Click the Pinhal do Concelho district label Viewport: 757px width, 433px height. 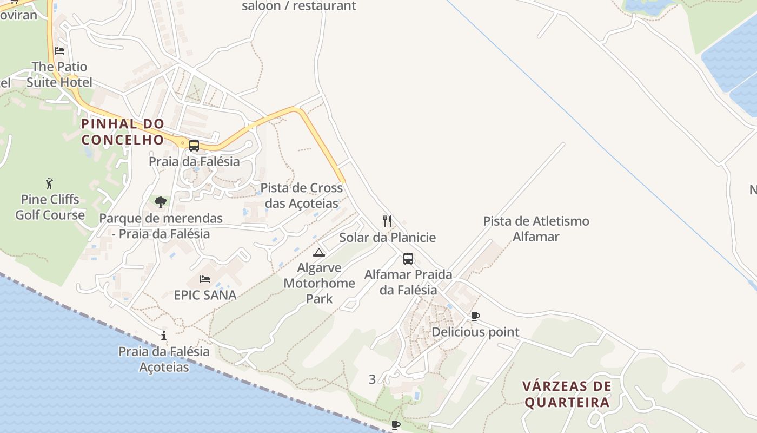point(122,132)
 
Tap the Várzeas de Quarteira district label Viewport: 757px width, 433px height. point(567,394)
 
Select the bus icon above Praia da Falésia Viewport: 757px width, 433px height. point(194,146)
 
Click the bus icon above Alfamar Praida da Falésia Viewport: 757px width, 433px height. point(408,259)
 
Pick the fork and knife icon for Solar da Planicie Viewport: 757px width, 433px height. point(387,221)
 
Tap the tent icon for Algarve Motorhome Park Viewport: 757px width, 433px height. point(319,252)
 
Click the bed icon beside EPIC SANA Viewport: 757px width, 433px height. point(205,279)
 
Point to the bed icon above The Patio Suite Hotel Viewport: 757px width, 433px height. point(59,51)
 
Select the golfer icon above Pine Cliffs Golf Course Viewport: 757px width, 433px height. point(50,183)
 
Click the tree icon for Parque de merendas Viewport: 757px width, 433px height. point(160,202)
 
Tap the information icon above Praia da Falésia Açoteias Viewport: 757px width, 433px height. point(164,336)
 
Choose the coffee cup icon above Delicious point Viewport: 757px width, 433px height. point(475,316)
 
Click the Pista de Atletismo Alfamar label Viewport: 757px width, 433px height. point(536,228)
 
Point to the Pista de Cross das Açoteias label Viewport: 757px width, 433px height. point(302,195)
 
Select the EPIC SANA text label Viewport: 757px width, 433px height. point(205,295)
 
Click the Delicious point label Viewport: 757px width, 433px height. point(475,332)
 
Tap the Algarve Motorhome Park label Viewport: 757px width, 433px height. point(319,283)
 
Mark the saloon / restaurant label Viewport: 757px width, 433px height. point(299,6)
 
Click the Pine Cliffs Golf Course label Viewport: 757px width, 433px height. point(50,207)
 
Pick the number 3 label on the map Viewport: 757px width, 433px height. point(372,379)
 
